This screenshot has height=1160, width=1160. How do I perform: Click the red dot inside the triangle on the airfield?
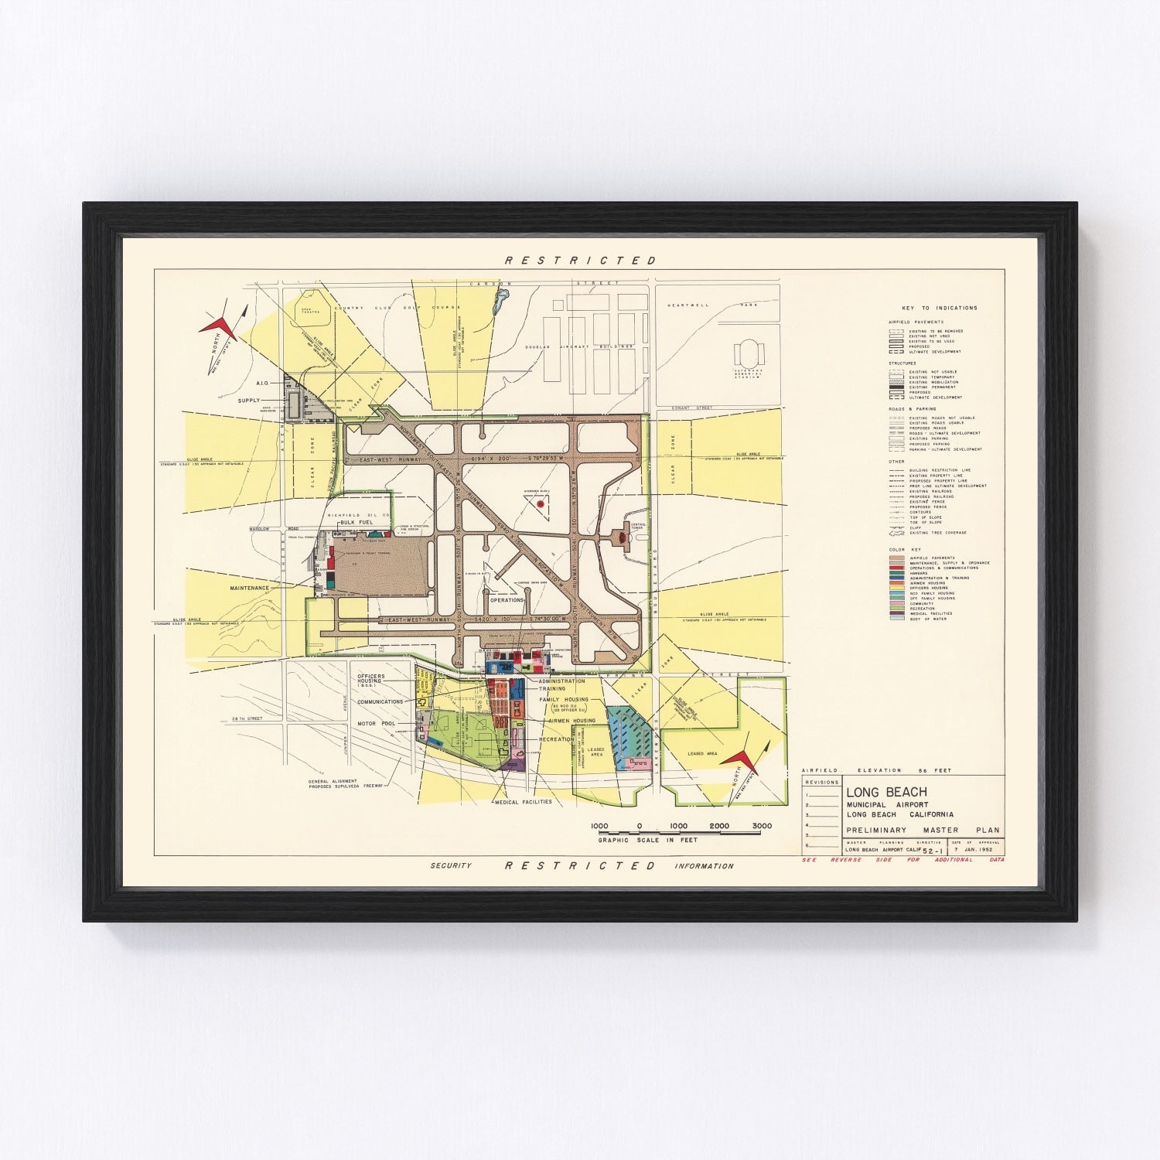541,503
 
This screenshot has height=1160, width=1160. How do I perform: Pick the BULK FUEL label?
357,523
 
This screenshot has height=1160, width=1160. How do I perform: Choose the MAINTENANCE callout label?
249,589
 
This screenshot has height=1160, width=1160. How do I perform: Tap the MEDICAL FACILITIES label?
523,802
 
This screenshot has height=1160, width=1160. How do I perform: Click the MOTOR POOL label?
376,724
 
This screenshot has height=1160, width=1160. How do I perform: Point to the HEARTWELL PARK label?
716,305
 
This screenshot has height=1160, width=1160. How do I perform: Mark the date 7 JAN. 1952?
974,850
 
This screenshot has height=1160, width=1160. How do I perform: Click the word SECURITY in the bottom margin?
451,865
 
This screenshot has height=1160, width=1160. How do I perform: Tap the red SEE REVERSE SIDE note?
902,860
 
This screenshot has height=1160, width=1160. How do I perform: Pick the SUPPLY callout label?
249,401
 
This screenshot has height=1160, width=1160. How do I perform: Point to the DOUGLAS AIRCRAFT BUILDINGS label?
580,346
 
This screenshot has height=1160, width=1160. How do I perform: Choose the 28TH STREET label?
246,718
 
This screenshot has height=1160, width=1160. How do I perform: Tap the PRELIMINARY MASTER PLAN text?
923,831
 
